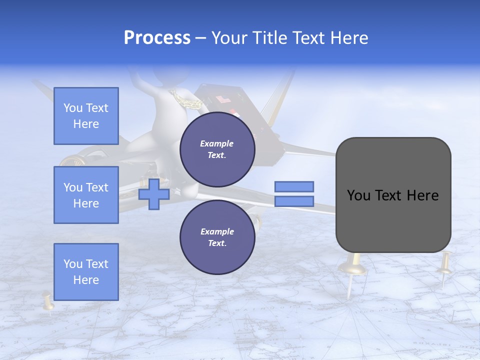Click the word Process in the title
point(157,38)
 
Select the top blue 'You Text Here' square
point(86,116)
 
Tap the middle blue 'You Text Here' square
point(86,195)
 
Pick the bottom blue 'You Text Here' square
point(86,272)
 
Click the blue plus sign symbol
point(153,194)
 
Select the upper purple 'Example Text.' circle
point(217,149)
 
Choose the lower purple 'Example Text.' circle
point(217,237)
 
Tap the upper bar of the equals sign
point(294,186)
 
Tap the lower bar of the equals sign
point(294,201)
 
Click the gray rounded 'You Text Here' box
point(393,195)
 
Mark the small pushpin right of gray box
point(444,267)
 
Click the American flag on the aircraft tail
point(223,99)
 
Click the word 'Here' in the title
point(349,38)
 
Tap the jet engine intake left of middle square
point(73,161)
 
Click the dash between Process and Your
point(201,38)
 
